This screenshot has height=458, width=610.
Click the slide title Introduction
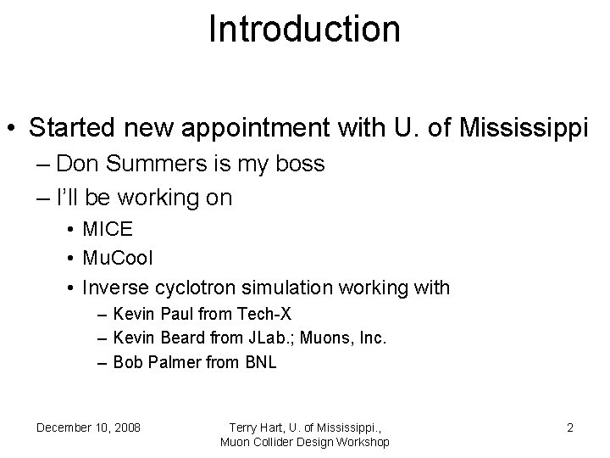(304, 29)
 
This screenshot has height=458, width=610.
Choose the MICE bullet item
(108, 231)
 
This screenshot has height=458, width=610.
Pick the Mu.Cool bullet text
(118, 259)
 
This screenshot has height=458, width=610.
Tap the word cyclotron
(194, 287)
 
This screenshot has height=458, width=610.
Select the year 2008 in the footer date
(126, 427)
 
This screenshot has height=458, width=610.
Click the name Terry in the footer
(247, 427)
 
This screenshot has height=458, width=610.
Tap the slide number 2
(570, 427)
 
